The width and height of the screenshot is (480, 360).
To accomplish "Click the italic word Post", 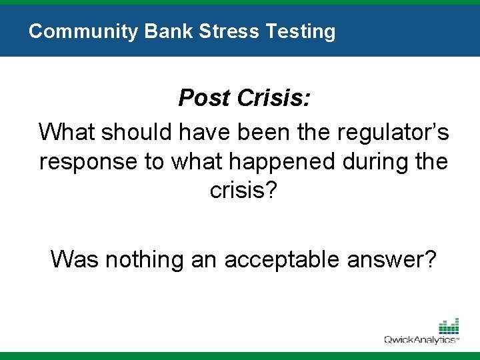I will [203, 99].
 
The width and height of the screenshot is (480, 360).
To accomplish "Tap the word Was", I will [74, 258].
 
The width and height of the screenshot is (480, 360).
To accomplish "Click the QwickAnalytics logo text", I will [421, 340].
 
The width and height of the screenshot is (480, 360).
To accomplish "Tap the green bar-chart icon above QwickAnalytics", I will [448, 326].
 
